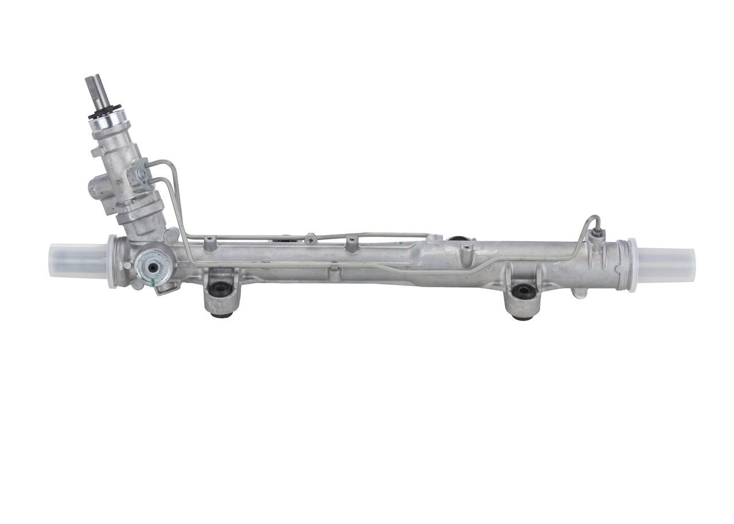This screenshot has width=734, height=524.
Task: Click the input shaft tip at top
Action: (x=93, y=86)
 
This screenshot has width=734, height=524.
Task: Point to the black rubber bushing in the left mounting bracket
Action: (x=220, y=289)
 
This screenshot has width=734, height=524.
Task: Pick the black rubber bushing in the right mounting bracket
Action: (x=524, y=291)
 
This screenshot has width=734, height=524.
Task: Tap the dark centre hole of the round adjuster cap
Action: (x=154, y=266)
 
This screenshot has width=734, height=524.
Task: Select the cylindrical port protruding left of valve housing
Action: (x=96, y=189)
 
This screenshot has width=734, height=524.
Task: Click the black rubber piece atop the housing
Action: (x=456, y=238)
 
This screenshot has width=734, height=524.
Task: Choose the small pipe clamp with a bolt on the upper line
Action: (x=310, y=238)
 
